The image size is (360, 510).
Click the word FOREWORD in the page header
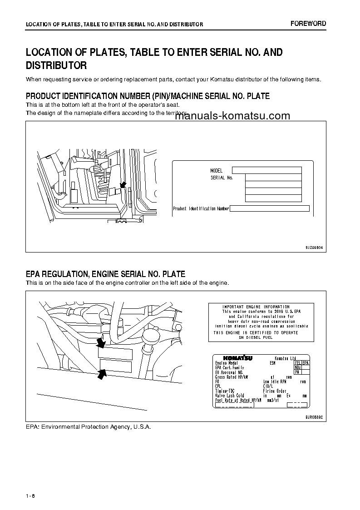coord(309,24)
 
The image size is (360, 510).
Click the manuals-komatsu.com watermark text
coord(232,116)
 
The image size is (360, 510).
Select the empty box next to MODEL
coord(266,170)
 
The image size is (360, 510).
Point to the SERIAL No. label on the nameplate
coord(222,178)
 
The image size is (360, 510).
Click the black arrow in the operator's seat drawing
coord(123,184)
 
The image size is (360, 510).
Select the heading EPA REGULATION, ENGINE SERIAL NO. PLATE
coord(105,274)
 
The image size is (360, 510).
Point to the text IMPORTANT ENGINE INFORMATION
coord(256,307)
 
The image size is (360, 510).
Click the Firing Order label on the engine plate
coord(275,391)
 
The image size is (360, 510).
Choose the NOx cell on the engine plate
coord(298,367)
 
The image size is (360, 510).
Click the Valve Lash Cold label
coord(229,396)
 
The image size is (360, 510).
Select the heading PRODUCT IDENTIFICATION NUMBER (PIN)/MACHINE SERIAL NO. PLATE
coord(148,96)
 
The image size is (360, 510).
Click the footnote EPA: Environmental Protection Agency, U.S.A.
coord(88,427)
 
